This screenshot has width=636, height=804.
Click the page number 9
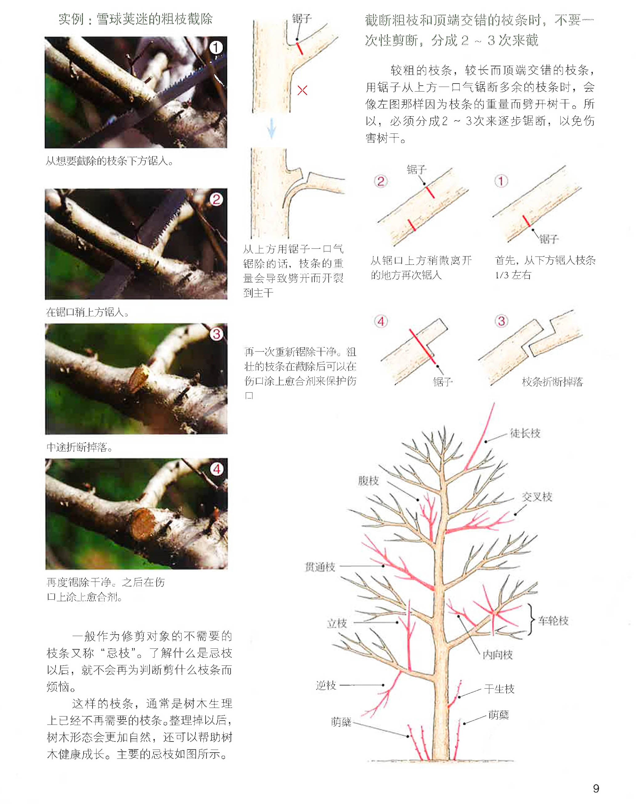coord(596,788)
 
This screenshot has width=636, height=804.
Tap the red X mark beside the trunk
coord(302,90)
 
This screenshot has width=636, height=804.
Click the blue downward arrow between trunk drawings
coord(272,129)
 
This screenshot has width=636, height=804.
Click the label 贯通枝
coord(320,567)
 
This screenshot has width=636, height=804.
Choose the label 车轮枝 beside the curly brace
coord(553,620)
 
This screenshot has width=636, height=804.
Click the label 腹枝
coord(368,481)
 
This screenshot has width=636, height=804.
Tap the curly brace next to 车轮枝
coord(531,619)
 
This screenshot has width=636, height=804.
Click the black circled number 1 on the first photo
coord(216,47)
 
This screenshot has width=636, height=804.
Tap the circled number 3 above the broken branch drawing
coord(501,321)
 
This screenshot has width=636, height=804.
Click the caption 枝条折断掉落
coord(552,382)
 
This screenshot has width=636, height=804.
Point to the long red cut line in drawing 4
coord(422,346)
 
